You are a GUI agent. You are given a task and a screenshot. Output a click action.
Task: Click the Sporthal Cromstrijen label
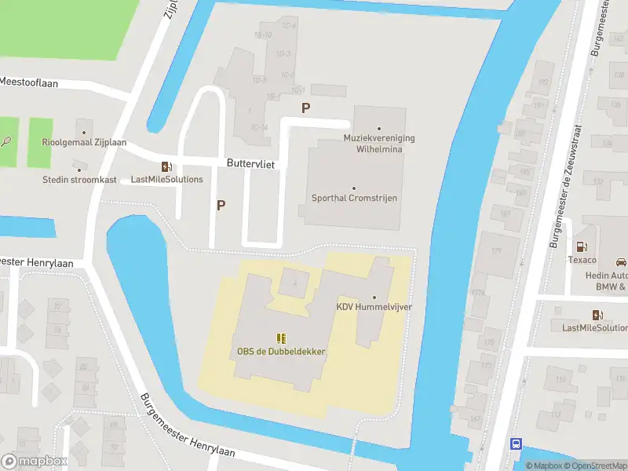click(354, 198)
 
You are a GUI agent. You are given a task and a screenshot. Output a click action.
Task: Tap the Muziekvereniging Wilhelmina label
click(379, 143)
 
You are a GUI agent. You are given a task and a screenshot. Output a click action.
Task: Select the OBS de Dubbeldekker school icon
click(281, 338)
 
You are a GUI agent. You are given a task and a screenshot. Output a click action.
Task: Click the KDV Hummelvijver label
click(374, 307)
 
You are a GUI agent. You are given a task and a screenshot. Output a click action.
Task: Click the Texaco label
click(582, 260)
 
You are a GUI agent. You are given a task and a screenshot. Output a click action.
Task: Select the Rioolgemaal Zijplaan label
click(84, 143)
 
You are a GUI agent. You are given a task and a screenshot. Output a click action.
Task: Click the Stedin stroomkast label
click(79, 180)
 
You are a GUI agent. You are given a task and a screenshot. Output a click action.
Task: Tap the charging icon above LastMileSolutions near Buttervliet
click(166, 166)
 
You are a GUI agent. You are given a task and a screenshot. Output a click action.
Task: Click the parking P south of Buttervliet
click(221, 206)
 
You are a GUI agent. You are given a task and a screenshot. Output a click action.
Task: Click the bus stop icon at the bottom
click(516, 444)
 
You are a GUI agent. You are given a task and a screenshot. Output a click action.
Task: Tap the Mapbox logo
click(34, 462)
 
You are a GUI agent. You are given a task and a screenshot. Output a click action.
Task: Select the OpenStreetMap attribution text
click(595, 466)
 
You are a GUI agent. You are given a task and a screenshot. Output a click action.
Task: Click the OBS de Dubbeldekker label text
click(281, 351)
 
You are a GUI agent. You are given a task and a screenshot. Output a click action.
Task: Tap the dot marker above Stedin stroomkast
click(78, 168)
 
